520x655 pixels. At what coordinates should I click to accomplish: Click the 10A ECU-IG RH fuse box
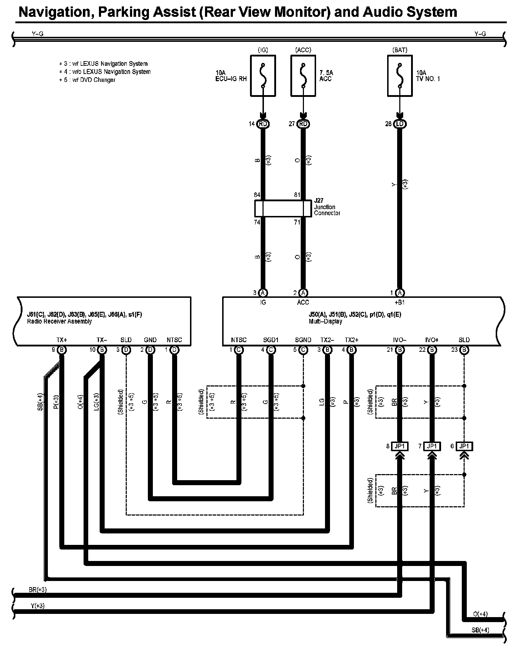(x=263, y=76)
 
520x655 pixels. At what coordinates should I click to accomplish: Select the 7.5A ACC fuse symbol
(x=303, y=76)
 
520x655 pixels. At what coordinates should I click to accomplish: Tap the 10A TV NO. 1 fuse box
(x=400, y=76)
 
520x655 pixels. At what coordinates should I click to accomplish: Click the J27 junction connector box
(x=283, y=208)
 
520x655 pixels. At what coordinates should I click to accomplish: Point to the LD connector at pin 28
(x=400, y=124)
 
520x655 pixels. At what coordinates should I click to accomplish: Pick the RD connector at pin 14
(x=263, y=124)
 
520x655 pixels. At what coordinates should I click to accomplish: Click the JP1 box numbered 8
(x=400, y=446)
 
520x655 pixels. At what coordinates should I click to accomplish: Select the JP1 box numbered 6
(x=464, y=446)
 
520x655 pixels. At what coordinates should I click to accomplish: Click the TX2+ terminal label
(x=351, y=340)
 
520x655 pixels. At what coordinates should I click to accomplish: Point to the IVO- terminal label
(x=400, y=340)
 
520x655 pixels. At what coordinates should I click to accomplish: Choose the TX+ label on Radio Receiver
(x=62, y=340)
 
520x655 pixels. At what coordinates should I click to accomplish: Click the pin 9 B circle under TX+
(x=62, y=350)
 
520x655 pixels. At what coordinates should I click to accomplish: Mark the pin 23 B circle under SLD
(x=464, y=350)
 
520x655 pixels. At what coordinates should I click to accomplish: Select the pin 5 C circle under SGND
(x=303, y=350)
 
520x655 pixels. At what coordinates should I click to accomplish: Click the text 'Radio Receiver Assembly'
(x=59, y=321)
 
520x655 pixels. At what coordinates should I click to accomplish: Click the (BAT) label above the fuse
(x=400, y=50)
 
